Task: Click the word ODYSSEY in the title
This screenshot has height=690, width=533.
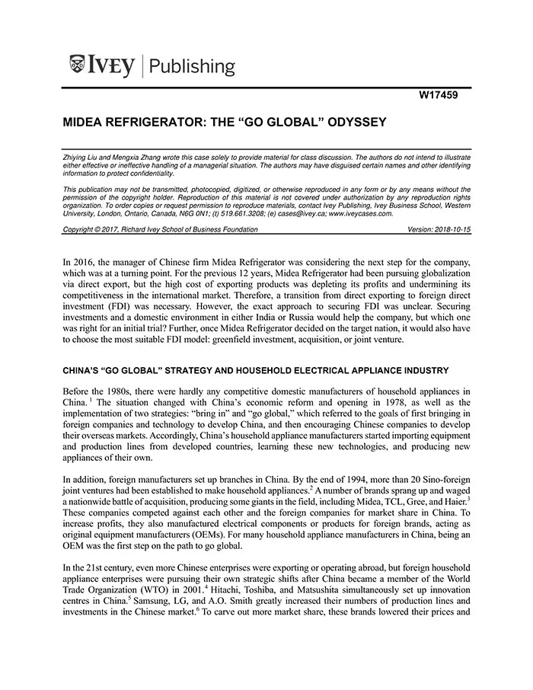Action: (353, 122)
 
